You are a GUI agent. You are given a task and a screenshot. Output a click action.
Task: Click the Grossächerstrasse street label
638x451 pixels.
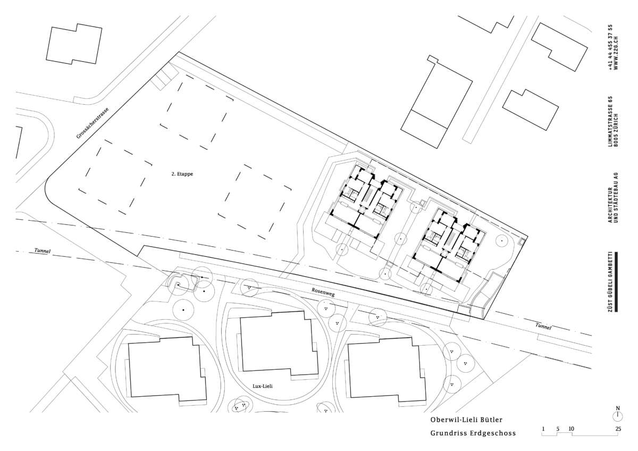coord(93,123)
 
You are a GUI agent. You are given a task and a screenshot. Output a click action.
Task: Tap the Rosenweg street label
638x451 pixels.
coord(323,293)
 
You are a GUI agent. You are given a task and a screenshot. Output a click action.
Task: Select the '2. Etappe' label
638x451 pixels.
coord(182,174)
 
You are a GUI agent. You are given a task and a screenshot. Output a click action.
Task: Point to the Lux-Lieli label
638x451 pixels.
coord(263,386)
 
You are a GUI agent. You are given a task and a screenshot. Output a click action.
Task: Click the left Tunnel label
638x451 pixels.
coord(43,250)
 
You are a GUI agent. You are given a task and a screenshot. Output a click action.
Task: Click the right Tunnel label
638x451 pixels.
coord(543,326)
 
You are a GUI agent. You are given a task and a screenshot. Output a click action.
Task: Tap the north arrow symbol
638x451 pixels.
coord(618,414)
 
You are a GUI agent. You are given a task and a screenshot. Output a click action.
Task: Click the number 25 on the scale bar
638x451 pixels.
coord(618,429)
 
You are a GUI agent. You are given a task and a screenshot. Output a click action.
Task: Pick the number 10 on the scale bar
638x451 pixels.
coord(571,429)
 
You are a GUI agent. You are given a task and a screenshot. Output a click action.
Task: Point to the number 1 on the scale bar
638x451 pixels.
coord(543,429)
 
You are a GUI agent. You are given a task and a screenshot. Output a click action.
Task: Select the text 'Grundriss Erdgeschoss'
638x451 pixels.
coord(473,433)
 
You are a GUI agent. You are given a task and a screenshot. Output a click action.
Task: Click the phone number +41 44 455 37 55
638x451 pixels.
coord(610,47)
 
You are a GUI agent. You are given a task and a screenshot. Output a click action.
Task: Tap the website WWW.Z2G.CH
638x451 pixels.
coord(616,53)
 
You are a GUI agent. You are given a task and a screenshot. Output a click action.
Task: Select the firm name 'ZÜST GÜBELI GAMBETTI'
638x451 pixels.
coord(610,281)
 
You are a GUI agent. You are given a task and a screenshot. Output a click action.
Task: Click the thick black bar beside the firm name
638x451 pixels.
coord(616,281)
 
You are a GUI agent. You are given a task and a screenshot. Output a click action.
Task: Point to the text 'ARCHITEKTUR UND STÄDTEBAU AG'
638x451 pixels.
coord(613,197)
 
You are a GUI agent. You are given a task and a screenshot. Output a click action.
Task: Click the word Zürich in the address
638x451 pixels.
coord(616,130)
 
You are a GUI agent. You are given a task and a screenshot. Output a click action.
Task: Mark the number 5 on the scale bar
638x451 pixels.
coord(558,429)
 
